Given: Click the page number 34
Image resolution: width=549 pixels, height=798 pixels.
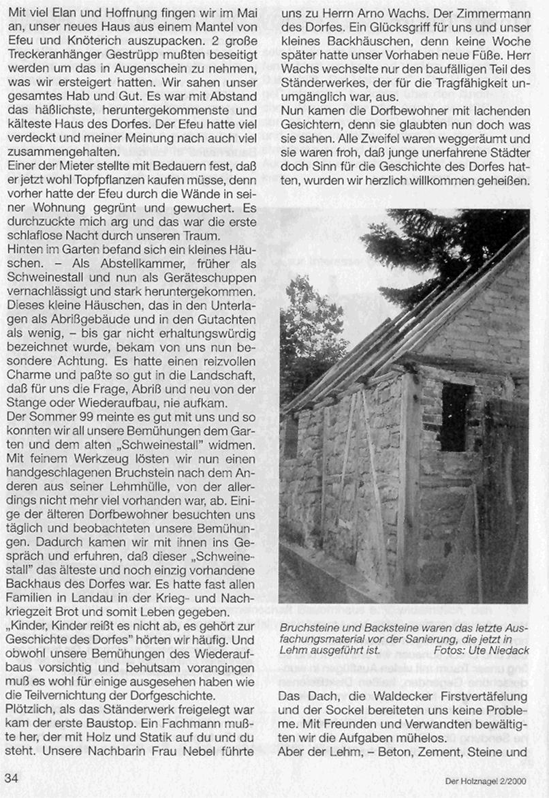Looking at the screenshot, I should point(12,776).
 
